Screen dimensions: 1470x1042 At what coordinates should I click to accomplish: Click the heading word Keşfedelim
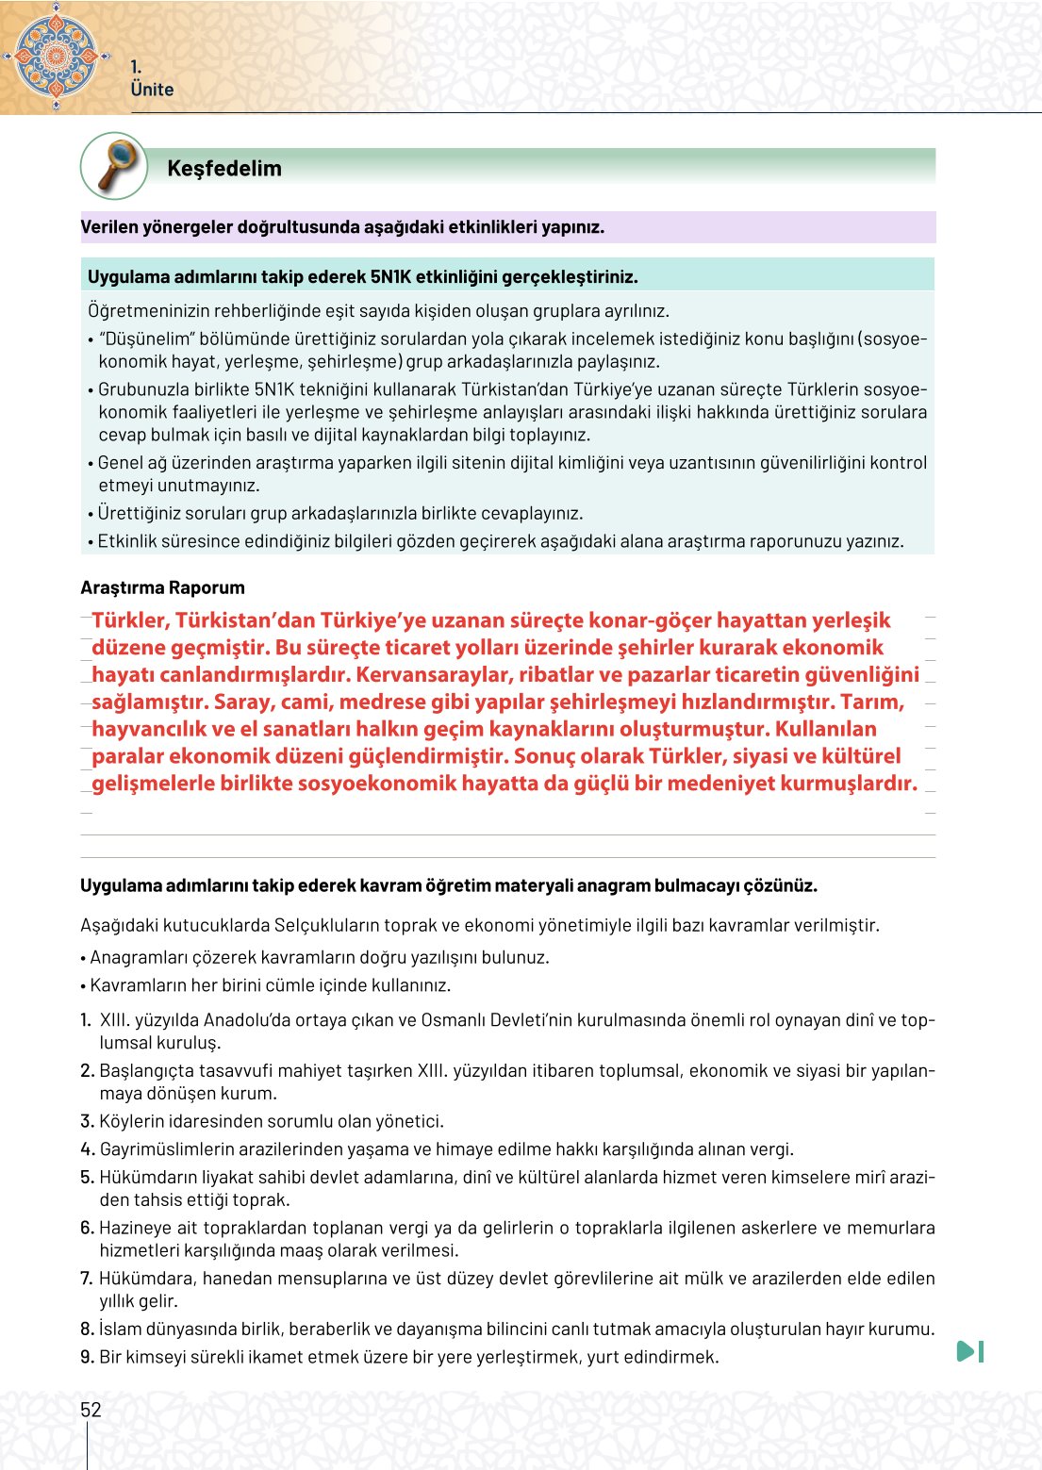224,169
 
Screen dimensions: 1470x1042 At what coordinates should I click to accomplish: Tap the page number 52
91,1410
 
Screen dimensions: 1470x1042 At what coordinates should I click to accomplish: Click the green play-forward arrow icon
969,1351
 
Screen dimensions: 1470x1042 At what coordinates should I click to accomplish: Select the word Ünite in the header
153,90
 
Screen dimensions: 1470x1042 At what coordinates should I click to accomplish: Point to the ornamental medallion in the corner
55,55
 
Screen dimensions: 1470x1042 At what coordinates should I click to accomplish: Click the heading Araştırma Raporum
162,587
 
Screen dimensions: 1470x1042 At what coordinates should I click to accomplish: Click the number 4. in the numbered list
88,1149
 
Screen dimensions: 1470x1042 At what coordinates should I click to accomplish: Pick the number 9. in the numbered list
88,1357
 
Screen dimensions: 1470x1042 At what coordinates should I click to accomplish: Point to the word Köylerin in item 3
130,1121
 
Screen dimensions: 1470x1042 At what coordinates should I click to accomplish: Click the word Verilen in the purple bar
109,227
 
